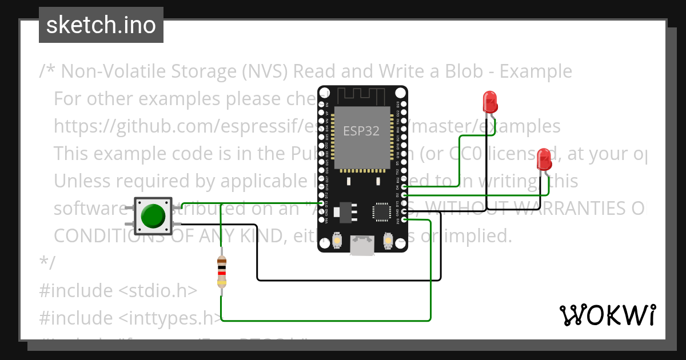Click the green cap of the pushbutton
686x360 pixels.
point(153,215)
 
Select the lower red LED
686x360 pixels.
point(544,158)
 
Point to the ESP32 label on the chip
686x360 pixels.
point(361,131)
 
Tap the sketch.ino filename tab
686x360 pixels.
point(101,25)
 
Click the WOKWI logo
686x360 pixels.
point(607,315)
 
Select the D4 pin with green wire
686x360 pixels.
point(404,186)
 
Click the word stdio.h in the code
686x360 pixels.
point(157,290)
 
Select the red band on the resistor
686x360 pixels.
point(222,273)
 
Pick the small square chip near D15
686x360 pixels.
point(381,211)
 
